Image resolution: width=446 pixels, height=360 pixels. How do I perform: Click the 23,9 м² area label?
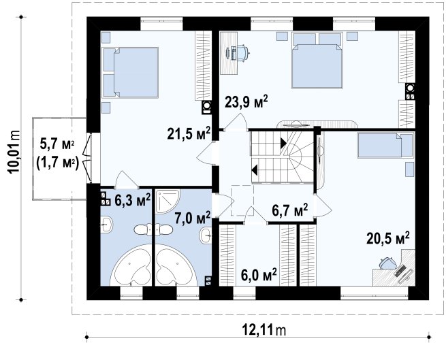(x=246, y=102)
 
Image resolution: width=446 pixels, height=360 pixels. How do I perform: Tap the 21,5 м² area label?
(x=189, y=133)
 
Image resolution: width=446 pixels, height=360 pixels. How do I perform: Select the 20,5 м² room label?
(x=388, y=238)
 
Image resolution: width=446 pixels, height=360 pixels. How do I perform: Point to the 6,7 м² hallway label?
(x=290, y=210)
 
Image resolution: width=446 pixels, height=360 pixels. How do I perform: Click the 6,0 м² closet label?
(x=259, y=275)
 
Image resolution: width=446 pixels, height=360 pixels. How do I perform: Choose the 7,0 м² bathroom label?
(x=193, y=218)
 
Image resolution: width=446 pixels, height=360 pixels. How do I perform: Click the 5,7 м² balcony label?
(x=57, y=144)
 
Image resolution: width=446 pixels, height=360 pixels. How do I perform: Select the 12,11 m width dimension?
(x=264, y=330)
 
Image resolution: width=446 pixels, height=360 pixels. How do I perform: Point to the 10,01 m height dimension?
(x=14, y=152)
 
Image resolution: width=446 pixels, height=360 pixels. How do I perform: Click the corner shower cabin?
(x=168, y=201)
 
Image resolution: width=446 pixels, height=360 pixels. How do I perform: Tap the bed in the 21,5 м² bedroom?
(x=130, y=73)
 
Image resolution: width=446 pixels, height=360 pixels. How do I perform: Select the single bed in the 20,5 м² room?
(x=385, y=146)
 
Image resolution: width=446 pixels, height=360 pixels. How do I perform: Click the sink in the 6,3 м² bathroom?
(x=106, y=225)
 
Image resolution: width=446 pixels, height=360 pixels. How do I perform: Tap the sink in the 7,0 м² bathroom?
(x=206, y=235)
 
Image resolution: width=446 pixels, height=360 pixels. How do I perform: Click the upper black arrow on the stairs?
(x=283, y=143)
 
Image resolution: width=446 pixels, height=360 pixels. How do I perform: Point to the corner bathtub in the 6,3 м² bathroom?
(x=131, y=265)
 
